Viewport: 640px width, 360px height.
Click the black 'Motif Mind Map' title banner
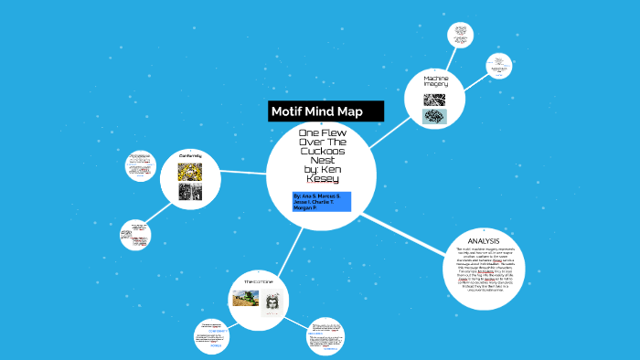pyautogui.click(x=325, y=111)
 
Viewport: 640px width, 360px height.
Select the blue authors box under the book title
pyautogui.click(x=322, y=202)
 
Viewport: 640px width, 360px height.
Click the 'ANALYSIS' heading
pyautogui.click(x=483, y=241)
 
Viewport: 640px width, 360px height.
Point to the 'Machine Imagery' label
pyautogui.click(x=434, y=82)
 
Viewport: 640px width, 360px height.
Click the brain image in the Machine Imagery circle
pyautogui.click(x=434, y=117)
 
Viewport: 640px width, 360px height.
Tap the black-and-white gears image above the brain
pyautogui.click(x=434, y=100)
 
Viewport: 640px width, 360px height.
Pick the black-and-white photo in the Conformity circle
pyautogui.click(x=190, y=192)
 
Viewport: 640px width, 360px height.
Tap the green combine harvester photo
pyautogui.click(x=244, y=300)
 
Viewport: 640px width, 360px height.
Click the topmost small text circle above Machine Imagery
pyautogui.click(x=460, y=36)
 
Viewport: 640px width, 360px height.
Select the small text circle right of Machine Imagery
pyautogui.click(x=498, y=66)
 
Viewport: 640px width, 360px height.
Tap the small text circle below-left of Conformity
pyautogui.click(x=136, y=235)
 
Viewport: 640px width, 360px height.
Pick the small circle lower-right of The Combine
pyautogui.click(x=327, y=336)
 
